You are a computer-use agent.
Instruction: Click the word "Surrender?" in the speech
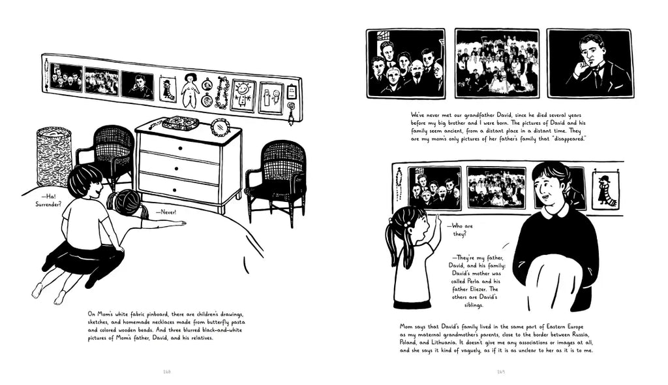click(x=48, y=204)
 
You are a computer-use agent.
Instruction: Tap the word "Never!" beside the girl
click(x=168, y=212)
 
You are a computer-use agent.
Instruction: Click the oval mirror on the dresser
click(x=220, y=127)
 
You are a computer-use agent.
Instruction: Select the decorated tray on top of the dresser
click(x=181, y=123)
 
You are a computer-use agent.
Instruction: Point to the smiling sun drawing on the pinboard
click(x=243, y=95)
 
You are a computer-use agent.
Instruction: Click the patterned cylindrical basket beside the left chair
click(x=54, y=156)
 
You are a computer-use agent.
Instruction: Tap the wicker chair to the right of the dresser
click(x=277, y=180)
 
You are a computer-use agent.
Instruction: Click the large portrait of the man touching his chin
click(x=590, y=63)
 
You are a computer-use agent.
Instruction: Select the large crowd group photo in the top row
click(x=496, y=63)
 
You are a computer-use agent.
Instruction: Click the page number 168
click(x=167, y=371)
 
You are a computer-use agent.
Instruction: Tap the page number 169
click(x=500, y=371)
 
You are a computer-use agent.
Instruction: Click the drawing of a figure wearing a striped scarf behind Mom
click(x=605, y=189)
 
